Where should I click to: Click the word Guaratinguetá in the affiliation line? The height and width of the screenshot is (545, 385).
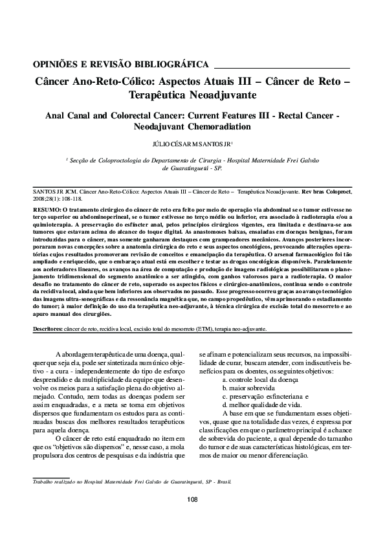[184, 166]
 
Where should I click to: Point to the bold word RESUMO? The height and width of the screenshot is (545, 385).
[47, 211]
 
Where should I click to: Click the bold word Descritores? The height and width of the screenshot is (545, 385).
[47, 329]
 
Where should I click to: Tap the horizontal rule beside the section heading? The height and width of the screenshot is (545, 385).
[281, 67]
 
